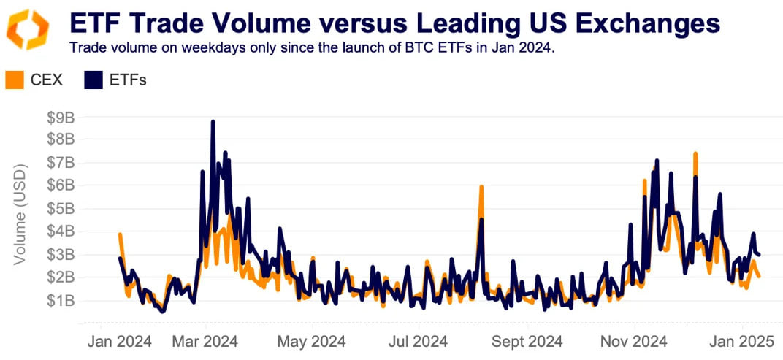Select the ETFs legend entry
(x=116, y=80)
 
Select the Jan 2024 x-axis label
(x=120, y=341)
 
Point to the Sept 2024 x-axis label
(x=525, y=341)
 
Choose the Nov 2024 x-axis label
(x=633, y=341)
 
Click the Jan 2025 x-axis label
(x=739, y=341)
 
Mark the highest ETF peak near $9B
(x=213, y=122)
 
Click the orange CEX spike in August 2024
(x=481, y=187)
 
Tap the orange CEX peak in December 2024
(x=695, y=154)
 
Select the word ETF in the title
(x=94, y=23)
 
